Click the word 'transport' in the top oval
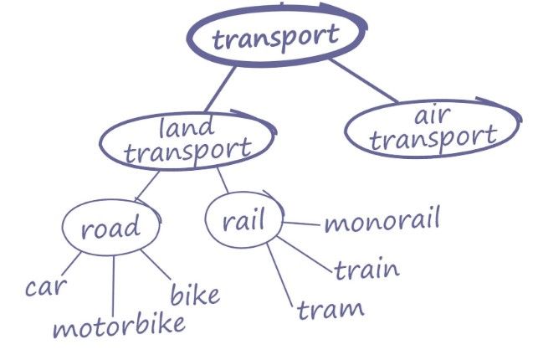pos(275,39)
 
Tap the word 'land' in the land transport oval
pos(187,127)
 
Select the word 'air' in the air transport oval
pos(433,116)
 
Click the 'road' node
pos(111,227)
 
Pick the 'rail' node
pos(244,219)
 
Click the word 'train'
pos(366,270)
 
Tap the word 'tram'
pos(330,310)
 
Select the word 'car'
pos(46,287)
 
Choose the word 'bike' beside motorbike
pos(195,294)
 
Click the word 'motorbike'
pos(119,326)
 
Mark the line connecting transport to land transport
pos(220,89)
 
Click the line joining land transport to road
pos(147,186)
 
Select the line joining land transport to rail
pos(223,180)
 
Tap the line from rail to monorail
pos(301,224)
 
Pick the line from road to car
pos(71,264)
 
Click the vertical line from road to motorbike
pos(114,285)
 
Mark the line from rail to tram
pos(279,275)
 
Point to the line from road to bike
pos(156,265)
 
